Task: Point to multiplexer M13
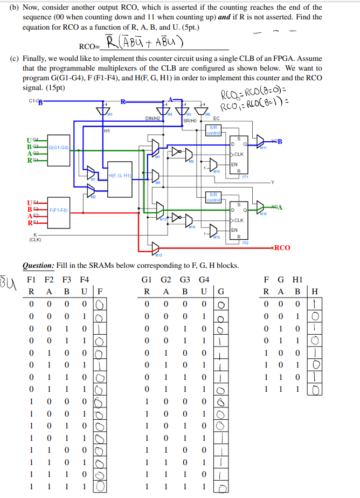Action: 156,248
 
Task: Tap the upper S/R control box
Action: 213,129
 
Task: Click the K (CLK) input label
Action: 35,237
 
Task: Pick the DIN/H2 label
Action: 154,117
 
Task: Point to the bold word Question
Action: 38,267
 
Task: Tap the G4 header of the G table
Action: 204,280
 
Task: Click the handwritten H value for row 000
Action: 315,305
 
